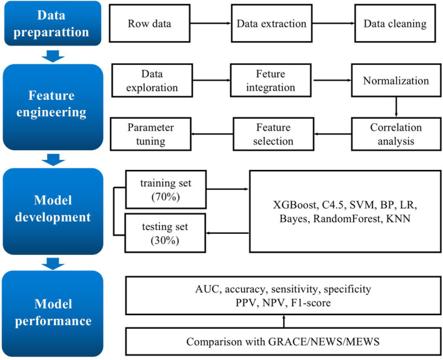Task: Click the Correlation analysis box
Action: [x=393, y=132]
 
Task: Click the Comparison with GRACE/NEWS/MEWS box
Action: [x=283, y=343]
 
